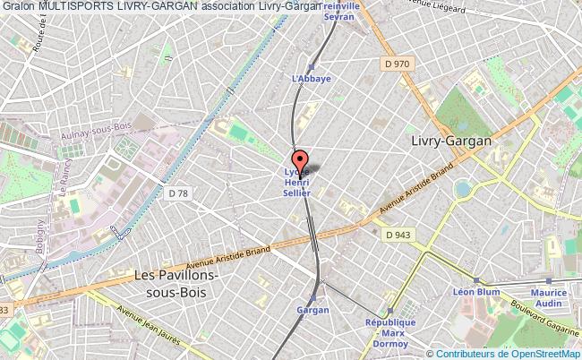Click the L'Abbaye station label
click(312, 78)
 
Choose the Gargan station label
click(312, 310)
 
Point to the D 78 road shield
click(178, 193)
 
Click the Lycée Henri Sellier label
click(292, 182)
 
